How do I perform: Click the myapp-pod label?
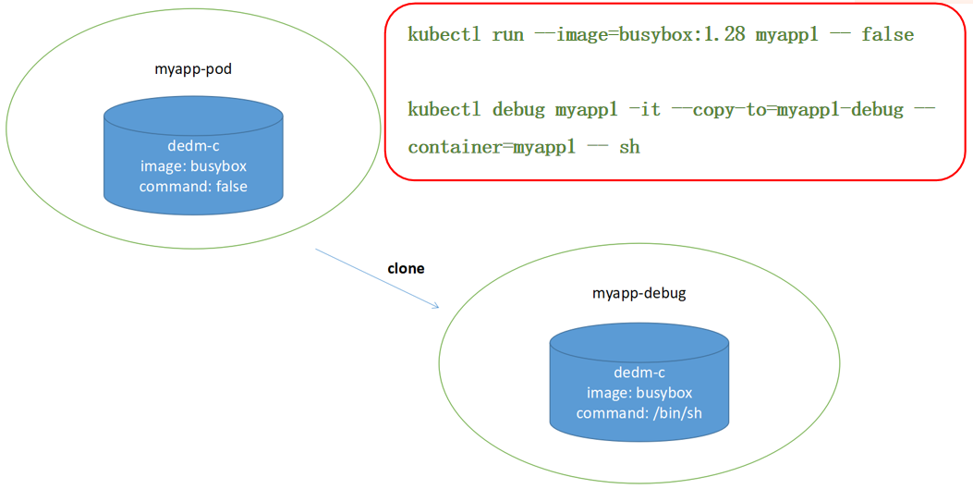coord(192,69)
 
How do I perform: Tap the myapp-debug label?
coord(639,294)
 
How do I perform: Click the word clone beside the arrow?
coord(406,268)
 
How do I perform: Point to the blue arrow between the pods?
coord(376,278)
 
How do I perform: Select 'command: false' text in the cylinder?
coord(193,187)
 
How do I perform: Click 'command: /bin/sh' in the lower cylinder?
coord(639,412)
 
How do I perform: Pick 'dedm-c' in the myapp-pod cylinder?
coord(193,146)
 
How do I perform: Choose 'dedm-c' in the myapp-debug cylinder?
coord(639,373)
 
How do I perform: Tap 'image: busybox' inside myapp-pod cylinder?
coord(193,166)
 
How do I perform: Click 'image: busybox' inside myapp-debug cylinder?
coord(639,392)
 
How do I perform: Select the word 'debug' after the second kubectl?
coord(518,110)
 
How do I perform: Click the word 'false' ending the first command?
coord(887,35)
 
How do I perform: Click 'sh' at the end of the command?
coord(629,147)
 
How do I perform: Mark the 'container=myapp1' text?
coord(487,147)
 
